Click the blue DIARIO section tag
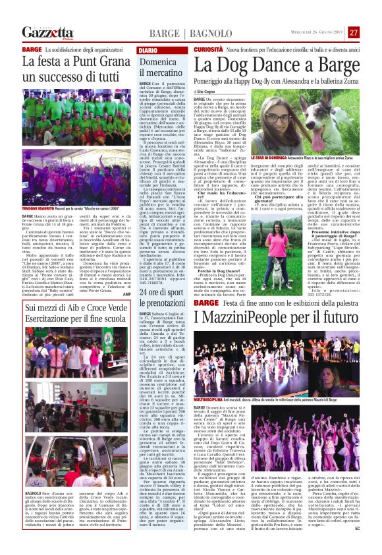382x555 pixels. (x=148, y=50)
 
